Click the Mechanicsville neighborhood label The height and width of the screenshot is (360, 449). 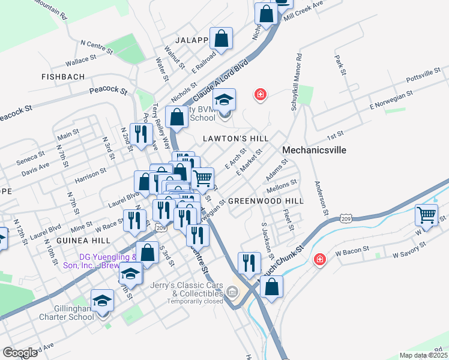pos(314,150)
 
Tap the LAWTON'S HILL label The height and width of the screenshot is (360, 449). pos(235,139)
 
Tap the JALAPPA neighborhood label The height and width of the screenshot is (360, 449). pos(192,40)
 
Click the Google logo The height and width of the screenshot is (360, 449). pos(20,352)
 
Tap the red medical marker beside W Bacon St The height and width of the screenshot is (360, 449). pos(320,259)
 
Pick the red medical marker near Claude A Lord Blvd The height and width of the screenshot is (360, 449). pos(260,94)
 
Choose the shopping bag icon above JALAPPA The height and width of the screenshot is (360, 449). pos(221,38)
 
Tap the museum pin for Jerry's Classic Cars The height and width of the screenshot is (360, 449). pos(233,292)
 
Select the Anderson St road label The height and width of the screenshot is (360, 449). pos(321,199)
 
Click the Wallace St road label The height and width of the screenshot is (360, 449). pos(81,61)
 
